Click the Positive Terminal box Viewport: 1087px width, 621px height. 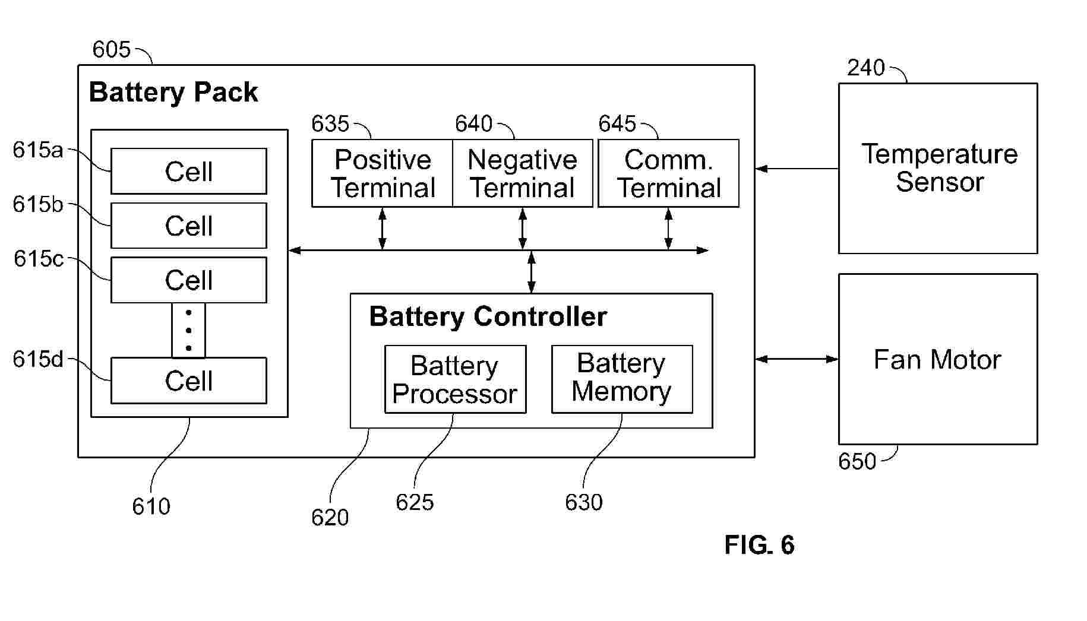tap(383, 173)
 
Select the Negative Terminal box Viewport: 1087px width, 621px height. tap(523, 173)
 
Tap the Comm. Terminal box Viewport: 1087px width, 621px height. tap(668, 173)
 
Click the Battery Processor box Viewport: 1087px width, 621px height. tap(455, 379)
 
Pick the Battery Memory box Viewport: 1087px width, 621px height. tap(622, 379)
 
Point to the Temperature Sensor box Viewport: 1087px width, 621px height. tap(938, 169)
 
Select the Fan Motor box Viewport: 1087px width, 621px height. tap(938, 359)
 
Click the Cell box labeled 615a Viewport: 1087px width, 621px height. tap(189, 172)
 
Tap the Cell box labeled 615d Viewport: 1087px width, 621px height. tap(189, 381)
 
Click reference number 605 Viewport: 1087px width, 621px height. tap(111, 49)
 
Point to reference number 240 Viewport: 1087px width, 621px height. tap(865, 68)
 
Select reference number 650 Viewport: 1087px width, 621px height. tap(857, 461)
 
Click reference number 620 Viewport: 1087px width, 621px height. tap(330, 518)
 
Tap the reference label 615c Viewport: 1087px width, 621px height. tap(38, 259)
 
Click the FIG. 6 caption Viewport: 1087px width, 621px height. tap(759, 545)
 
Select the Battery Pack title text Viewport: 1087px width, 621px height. tap(173, 93)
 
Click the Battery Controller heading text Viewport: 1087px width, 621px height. tap(488, 316)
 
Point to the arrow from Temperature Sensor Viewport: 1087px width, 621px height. tap(797, 169)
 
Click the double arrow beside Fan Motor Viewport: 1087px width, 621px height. tap(797, 359)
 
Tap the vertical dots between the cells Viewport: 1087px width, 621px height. tap(189, 330)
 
